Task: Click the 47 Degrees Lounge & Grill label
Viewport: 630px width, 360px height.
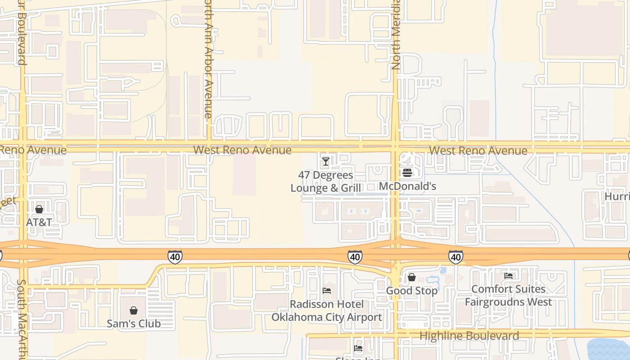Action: pyautogui.click(x=326, y=181)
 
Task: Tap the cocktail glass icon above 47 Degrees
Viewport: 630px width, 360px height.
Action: pyautogui.click(x=326, y=161)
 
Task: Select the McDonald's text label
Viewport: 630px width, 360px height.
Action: pyautogui.click(x=407, y=186)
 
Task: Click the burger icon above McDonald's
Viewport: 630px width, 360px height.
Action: pyautogui.click(x=407, y=173)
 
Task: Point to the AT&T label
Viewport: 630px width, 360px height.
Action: pyautogui.click(x=39, y=222)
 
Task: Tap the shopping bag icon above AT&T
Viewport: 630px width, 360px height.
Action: pyautogui.click(x=39, y=209)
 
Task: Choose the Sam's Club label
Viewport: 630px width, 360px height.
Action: pyautogui.click(x=134, y=324)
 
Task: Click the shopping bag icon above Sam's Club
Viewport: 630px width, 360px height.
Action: pyautogui.click(x=134, y=310)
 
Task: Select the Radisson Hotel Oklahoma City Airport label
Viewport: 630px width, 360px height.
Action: pyautogui.click(x=327, y=310)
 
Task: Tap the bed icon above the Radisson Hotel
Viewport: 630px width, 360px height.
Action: pyautogui.click(x=327, y=291)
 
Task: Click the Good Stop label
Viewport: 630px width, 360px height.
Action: pyautogui.click(x=412, y=291)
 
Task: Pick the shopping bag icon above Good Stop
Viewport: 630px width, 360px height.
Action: pyautogui.click(x=412, y=278)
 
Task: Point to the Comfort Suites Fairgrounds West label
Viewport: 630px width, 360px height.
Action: pyautogui.click(x=508, y=295)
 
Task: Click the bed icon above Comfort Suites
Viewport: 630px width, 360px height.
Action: pyautogui.click(x=508, y=275)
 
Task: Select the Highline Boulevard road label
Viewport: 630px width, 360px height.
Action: pyautogui.click(x=469, y=336)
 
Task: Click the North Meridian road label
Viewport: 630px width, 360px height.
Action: pyautogui.click(x=396, y=35)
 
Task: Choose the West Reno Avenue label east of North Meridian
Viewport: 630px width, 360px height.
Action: pyautogui.click(x=478, y=151)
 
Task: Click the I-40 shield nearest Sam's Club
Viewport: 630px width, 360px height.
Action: pyautogui.click(x=175, y=257)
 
